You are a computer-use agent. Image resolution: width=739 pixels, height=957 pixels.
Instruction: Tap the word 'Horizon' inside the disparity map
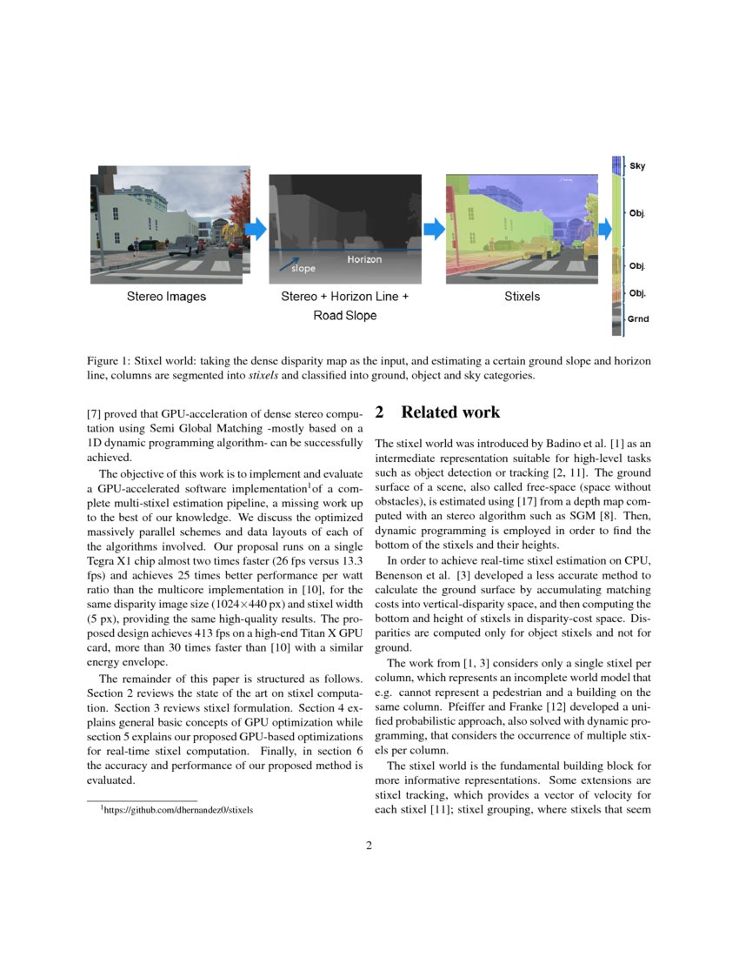[364, 259]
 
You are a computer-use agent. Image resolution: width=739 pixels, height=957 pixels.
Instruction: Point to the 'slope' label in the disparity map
[303, 270]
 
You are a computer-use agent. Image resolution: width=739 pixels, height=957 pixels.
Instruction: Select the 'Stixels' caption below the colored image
[522, 297]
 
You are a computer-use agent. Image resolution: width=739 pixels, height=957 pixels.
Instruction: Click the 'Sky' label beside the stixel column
[637, 165]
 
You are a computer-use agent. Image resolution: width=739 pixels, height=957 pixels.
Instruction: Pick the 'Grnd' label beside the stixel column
[639, 319]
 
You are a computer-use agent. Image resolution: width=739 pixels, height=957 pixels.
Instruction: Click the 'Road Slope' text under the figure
[345, 316]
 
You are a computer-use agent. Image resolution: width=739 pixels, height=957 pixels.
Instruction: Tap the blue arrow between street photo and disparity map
[255, 229]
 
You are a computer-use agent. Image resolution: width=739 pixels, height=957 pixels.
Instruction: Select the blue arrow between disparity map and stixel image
[433, 229]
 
